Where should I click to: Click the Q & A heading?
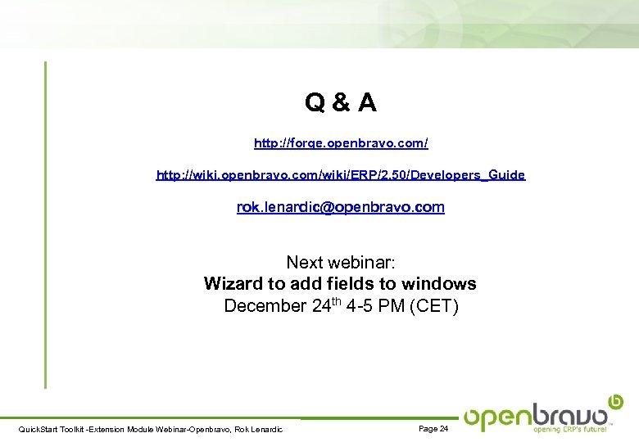pyautogui.click(x=341, y=103)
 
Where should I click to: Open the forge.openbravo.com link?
pyautogui.click(x=341, y=143)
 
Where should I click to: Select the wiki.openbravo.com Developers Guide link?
pyautogui.click(x=341, y=174)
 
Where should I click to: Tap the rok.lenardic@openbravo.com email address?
pyautogui.click(x=341, y=207)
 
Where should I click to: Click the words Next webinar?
pyautogui.click(x=341, y=263)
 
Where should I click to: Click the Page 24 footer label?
pyautogui.click(x=433, y=429)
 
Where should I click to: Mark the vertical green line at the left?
pyautogui.click(x=46, y=221)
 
